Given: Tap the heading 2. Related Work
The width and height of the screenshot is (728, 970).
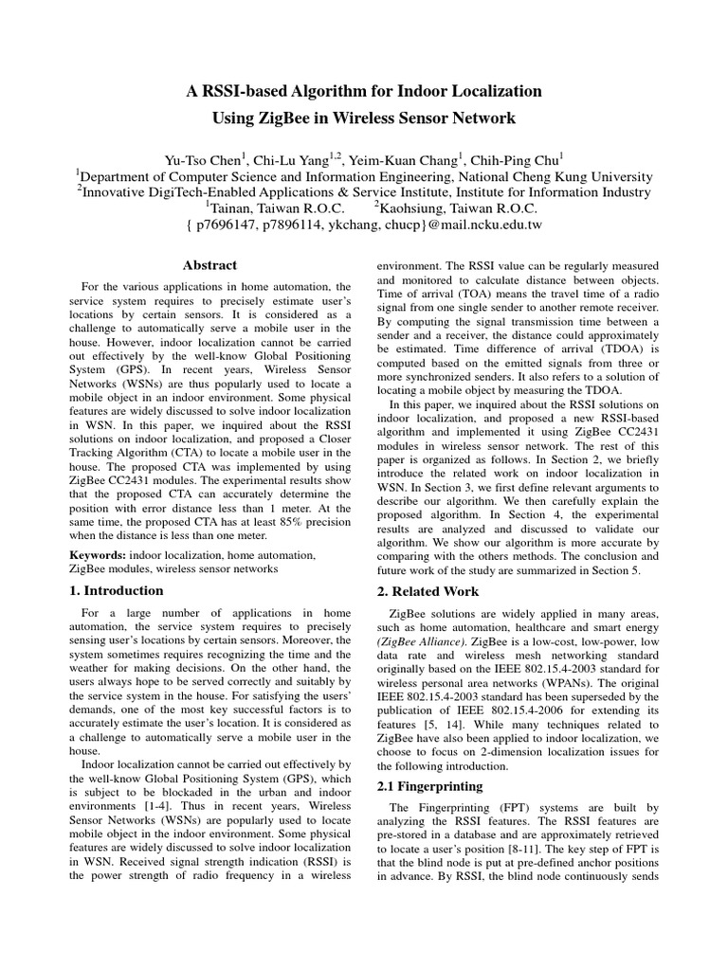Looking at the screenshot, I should (x=428, y=591).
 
